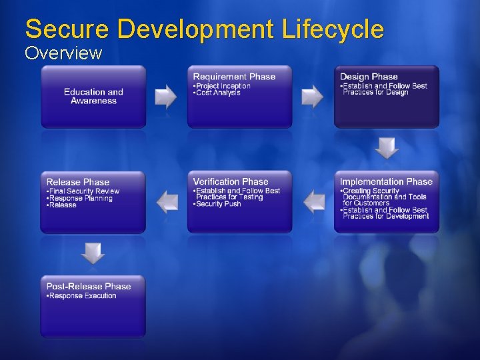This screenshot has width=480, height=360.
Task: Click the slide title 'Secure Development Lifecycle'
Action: pyautogui.click(x=204, y=29)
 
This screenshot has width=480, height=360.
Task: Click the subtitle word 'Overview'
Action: pyautogui.click(x=63, y=53)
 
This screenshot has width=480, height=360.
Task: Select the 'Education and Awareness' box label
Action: pyautogui.click(x=93, y=97)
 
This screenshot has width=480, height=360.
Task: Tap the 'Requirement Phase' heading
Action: pyautogui.click(x=234, y=77)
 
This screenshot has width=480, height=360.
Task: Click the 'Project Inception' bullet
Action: pyautogui.click(x=223, y=86)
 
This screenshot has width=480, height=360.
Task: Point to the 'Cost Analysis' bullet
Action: pyautogui.click(x=217, y=93)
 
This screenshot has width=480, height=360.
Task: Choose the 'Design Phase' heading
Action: pyautogui.click(x=369, y=77)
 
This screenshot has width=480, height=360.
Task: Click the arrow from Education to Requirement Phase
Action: pyautogui.click(x=166, y=97)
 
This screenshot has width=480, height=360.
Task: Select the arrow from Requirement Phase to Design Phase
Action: pyautogui.click(x=313, y=97)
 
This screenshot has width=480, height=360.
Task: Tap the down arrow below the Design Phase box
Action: pyautogui.click(x=387, y=148)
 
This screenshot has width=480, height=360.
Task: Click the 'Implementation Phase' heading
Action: pyautogui.click(x=386, y=181)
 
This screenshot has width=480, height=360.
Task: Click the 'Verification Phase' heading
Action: pyautogui.click(x=231, y=181)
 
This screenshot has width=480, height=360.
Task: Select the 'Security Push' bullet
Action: pyautogui.click(x=218, y=204)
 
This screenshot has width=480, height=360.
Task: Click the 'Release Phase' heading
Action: pyautogui.click(x=78, y=182)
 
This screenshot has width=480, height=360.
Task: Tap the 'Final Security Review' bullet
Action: pyautogui.click(x=84, y=191)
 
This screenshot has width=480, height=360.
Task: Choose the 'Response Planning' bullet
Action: pyautogui.click(x=81, y=199)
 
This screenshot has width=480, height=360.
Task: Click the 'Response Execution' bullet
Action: pyautogui.click(x=82, y=296)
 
